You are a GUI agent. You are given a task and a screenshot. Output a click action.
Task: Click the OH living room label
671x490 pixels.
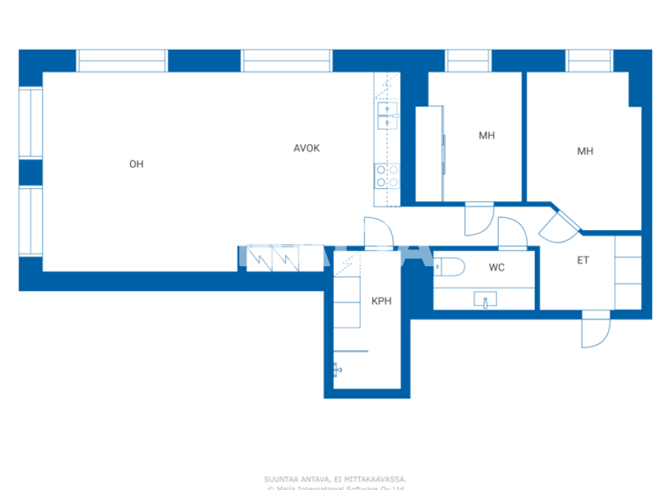coord(136,164)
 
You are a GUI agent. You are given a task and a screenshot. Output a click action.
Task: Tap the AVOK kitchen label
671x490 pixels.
coord(306,148)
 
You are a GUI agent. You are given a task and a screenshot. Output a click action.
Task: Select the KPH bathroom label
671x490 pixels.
coord(381,301)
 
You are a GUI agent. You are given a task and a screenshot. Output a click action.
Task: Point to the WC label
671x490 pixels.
coord(496,268)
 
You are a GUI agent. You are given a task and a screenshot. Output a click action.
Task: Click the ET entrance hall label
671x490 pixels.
coord(583,260)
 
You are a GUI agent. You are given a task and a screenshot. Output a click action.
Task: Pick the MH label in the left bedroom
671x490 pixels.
coord(487,136)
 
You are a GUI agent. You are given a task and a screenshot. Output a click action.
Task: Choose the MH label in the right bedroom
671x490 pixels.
coord(585,151)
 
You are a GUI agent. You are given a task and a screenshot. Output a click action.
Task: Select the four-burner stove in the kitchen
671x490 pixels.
coord(387,176)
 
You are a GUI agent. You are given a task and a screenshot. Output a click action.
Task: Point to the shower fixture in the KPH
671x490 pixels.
coord(336,370)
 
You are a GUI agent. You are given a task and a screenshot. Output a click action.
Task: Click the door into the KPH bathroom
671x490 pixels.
coord(378,233)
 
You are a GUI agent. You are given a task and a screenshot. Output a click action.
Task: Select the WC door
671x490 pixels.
coord(510,234)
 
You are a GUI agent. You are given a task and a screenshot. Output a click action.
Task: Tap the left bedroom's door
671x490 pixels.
coord(479,219)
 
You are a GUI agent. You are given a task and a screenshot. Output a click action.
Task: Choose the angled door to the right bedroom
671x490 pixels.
coord(558,226)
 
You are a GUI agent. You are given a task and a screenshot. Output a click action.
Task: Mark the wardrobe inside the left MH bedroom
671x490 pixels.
coord(430,154)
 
